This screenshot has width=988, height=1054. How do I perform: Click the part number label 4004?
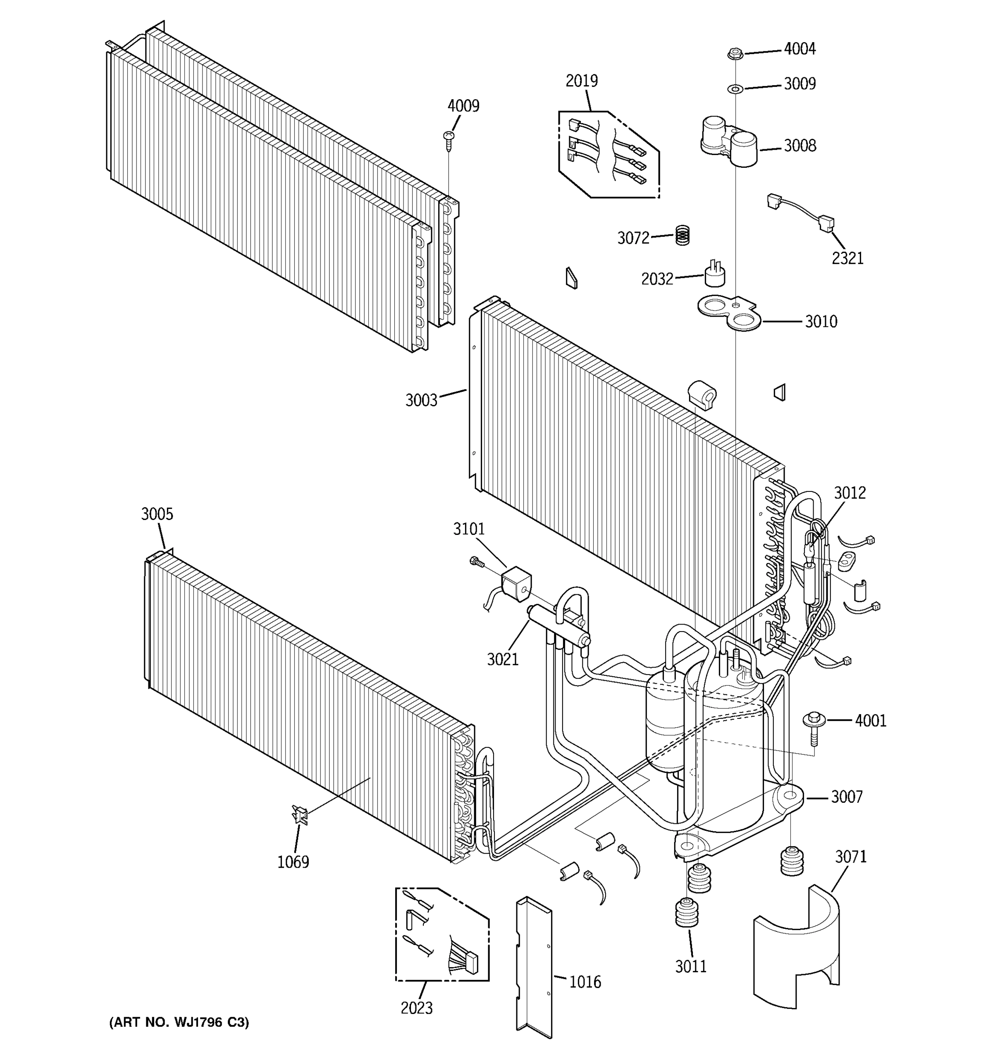(x=799, y=49)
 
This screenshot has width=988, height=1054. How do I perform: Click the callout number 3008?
(x=799, y=146)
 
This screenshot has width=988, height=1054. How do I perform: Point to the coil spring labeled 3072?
(x=683, y=235)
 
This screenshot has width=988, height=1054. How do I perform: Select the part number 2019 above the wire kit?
(x=581, y=81)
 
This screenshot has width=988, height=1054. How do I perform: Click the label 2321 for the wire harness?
(x=847, y=258)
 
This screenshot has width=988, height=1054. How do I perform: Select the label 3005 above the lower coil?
(x=157, y=514)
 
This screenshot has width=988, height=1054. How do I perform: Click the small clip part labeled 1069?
(x=300, y=814)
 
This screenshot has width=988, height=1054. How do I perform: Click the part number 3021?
(x=502, y=660)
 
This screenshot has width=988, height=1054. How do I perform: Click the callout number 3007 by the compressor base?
(x=847, y=796)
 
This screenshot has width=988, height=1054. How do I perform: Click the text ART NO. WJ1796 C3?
(x=179, y=1022)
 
